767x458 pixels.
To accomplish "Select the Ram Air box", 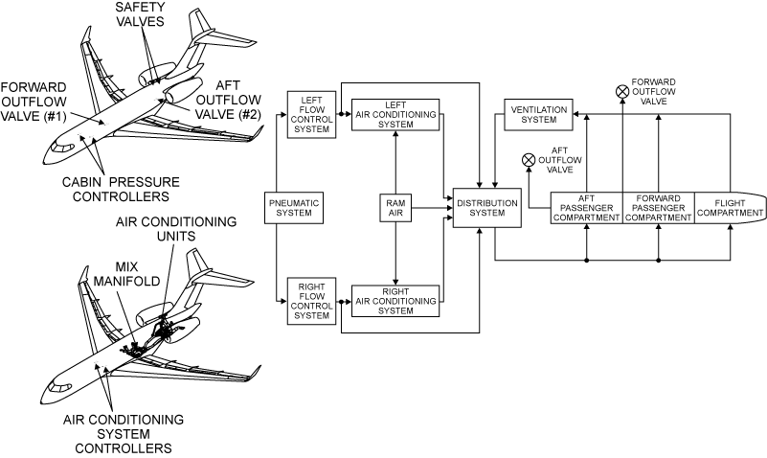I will [x=395, y=208].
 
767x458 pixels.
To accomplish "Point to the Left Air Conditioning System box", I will [x=395, y=115].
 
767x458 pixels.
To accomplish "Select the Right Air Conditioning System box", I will [x=395, y=299].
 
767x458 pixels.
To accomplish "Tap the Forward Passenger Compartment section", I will [x=659, y=208].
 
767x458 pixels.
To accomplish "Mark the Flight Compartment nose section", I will [x=728, y=208].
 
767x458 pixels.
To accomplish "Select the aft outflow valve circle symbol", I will [x=529, y=161].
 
